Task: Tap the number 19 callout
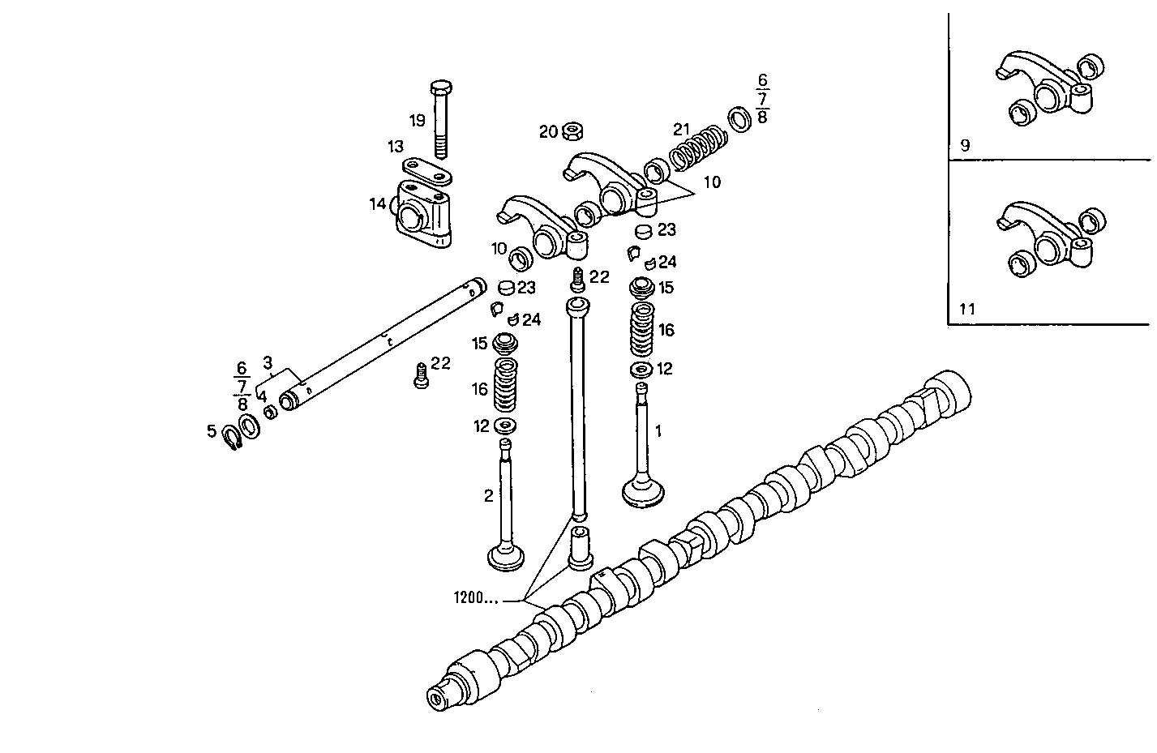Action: [x=417, y=121]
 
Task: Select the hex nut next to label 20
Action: [x=574, y=130]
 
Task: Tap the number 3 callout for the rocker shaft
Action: [x=267, y=362]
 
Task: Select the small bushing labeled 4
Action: [x=272, y=412]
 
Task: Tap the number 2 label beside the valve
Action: [x=488, y=495]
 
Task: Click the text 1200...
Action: [x=475, y=598]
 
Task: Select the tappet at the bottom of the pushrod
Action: [x=581, y=549]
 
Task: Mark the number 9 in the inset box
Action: [x=964, y=146]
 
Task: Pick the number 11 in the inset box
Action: [x=966, y=309]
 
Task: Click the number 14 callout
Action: [x=377, y=203]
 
